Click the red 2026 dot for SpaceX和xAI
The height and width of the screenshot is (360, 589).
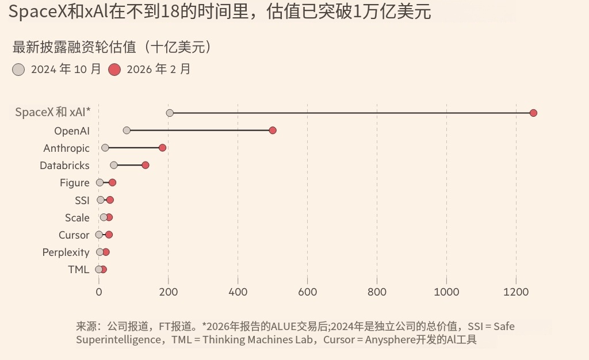[533, 113]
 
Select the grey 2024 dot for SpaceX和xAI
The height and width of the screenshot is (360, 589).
[170, 113]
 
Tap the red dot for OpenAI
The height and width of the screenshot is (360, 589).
[273, 131]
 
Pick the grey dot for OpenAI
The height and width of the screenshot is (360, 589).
[127, 131]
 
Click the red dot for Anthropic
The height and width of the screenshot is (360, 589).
[162, 148]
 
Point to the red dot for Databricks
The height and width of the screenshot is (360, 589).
[146, 165]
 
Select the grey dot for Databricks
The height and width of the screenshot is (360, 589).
[113, 165]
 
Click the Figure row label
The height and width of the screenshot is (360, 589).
[75, 183]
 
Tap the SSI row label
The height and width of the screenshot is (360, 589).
[82, 200]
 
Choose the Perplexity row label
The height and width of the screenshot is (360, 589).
[66, 252]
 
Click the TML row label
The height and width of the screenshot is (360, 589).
[79, 270]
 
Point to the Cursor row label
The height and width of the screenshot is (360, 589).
[74, 235]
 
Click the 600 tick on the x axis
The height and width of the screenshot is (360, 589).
[308, 292]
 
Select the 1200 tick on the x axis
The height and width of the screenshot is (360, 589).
[516, 292]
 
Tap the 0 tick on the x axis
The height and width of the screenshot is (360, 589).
[99, 292]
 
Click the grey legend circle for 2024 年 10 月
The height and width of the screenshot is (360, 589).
[19, 70]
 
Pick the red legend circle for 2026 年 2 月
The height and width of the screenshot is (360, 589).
[114, 70]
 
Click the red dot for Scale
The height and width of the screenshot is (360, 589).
[109, 217]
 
